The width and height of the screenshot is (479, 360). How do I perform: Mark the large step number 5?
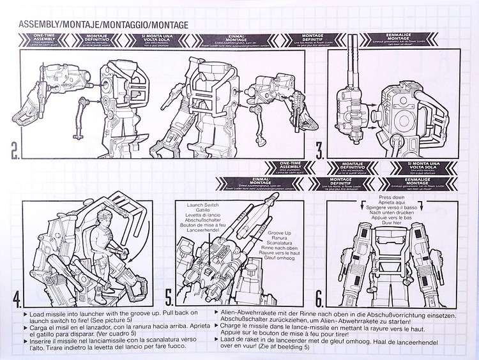(x=169, y=297)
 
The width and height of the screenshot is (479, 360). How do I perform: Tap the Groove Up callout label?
(x=281, y=234)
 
